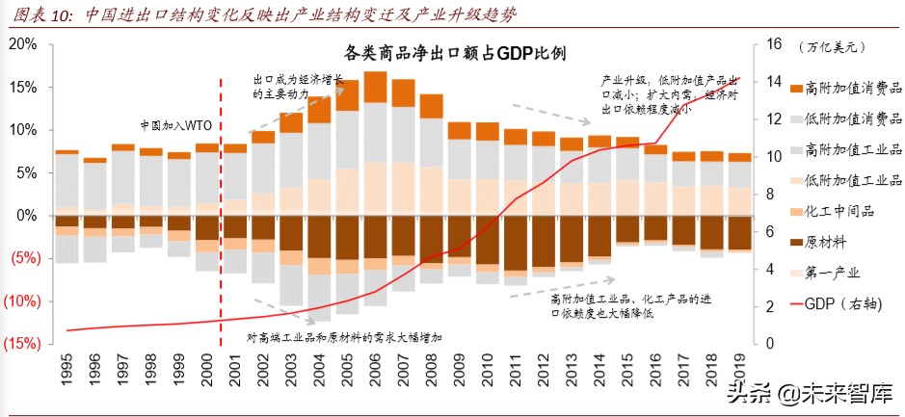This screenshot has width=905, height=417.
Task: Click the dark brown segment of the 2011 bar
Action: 515,243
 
